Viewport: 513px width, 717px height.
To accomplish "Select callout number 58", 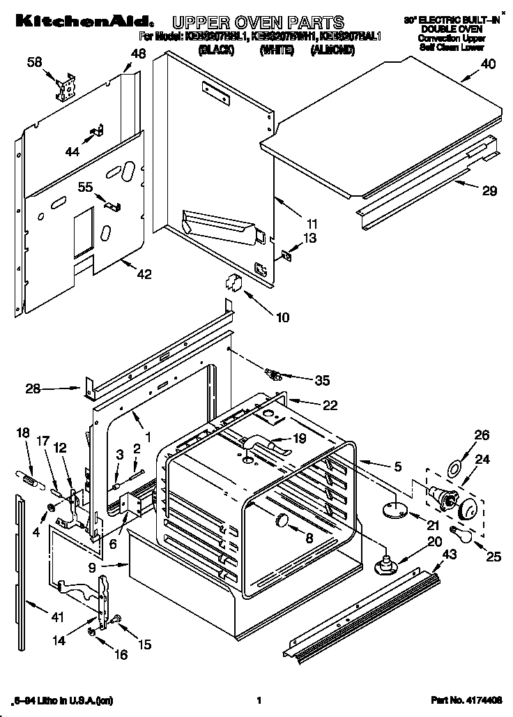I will (x=34, y=63).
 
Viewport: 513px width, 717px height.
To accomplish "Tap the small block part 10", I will (x=232, y=282).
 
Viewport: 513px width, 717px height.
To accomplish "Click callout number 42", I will (x=143, y=274).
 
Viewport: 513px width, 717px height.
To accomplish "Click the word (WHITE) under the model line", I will (x=275, y=50).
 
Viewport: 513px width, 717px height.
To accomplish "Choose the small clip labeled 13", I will (x=286, y=256).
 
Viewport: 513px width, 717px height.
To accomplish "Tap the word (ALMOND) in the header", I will (x=333, y=50).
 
